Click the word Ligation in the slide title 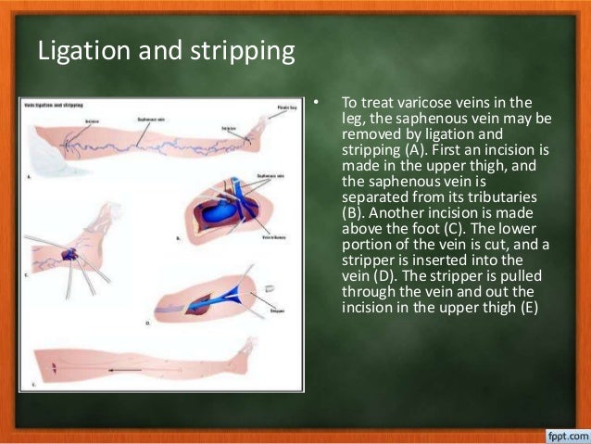pos(81,52)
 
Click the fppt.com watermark pos(561,432)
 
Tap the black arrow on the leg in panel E pos(124,369)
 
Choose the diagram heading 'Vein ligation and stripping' pos(54,105)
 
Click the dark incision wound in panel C pos(69,253)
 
